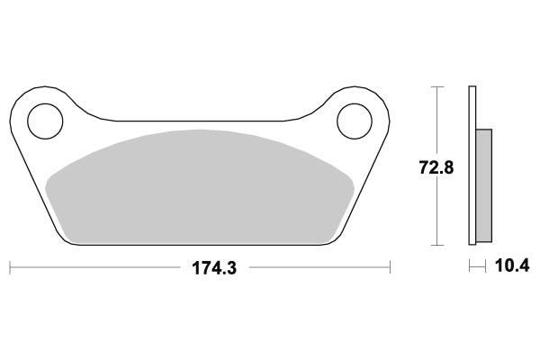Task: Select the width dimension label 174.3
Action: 208,268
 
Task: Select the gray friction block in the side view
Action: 484,185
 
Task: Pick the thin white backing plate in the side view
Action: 472,166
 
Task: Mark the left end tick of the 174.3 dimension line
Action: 10,267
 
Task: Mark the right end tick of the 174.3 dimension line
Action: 390,267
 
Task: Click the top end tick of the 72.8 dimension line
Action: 437,86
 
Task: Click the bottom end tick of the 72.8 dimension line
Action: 437,246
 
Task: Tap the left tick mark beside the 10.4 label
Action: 469,267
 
